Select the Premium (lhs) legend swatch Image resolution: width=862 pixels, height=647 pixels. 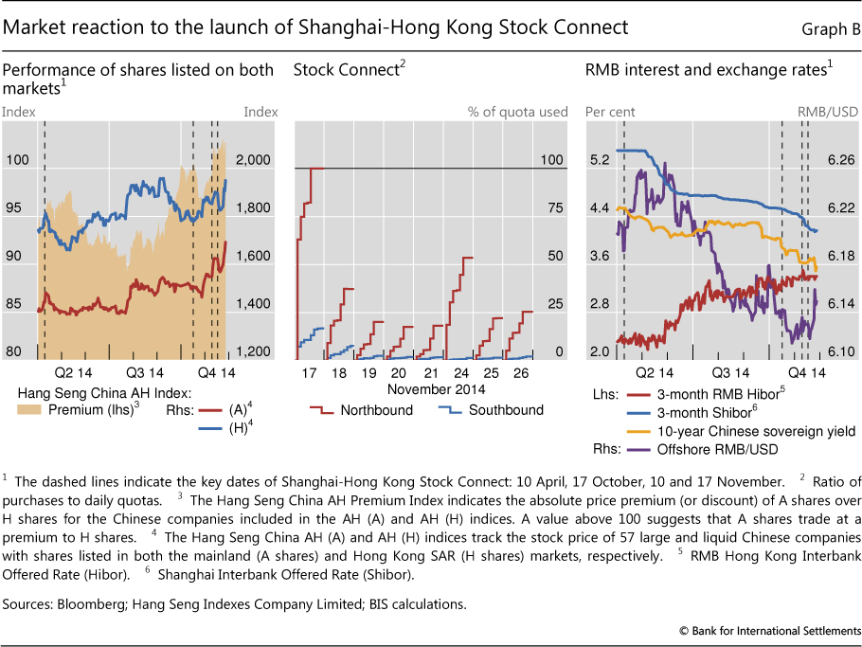click(30, 410)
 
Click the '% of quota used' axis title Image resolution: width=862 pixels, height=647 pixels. click(518, 112)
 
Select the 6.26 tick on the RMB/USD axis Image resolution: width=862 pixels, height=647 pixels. click(840, 160)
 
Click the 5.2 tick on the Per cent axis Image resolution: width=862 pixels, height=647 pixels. click(599, 160)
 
